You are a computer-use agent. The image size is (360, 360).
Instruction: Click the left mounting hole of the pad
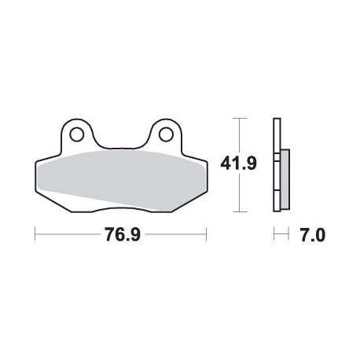(x=77, y=134)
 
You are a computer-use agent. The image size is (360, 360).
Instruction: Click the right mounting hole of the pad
(x=166, y=134)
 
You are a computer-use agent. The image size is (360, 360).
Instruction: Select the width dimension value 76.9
(x=123, y=234)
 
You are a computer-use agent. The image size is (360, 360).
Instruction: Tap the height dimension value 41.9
(x=238, y=163)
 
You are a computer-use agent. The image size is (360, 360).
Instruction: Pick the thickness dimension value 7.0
(x=313, y=234)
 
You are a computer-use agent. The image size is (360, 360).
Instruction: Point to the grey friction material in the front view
(x=121, y=180)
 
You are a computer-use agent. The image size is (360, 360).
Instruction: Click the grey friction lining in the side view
(x=285, y=179)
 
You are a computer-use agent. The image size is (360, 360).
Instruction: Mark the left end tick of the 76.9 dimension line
(x=35, y=234)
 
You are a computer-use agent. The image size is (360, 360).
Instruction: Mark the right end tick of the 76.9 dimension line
(x=207, y=234)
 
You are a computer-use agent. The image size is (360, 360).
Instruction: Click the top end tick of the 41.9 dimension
(x=240, y=119)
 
